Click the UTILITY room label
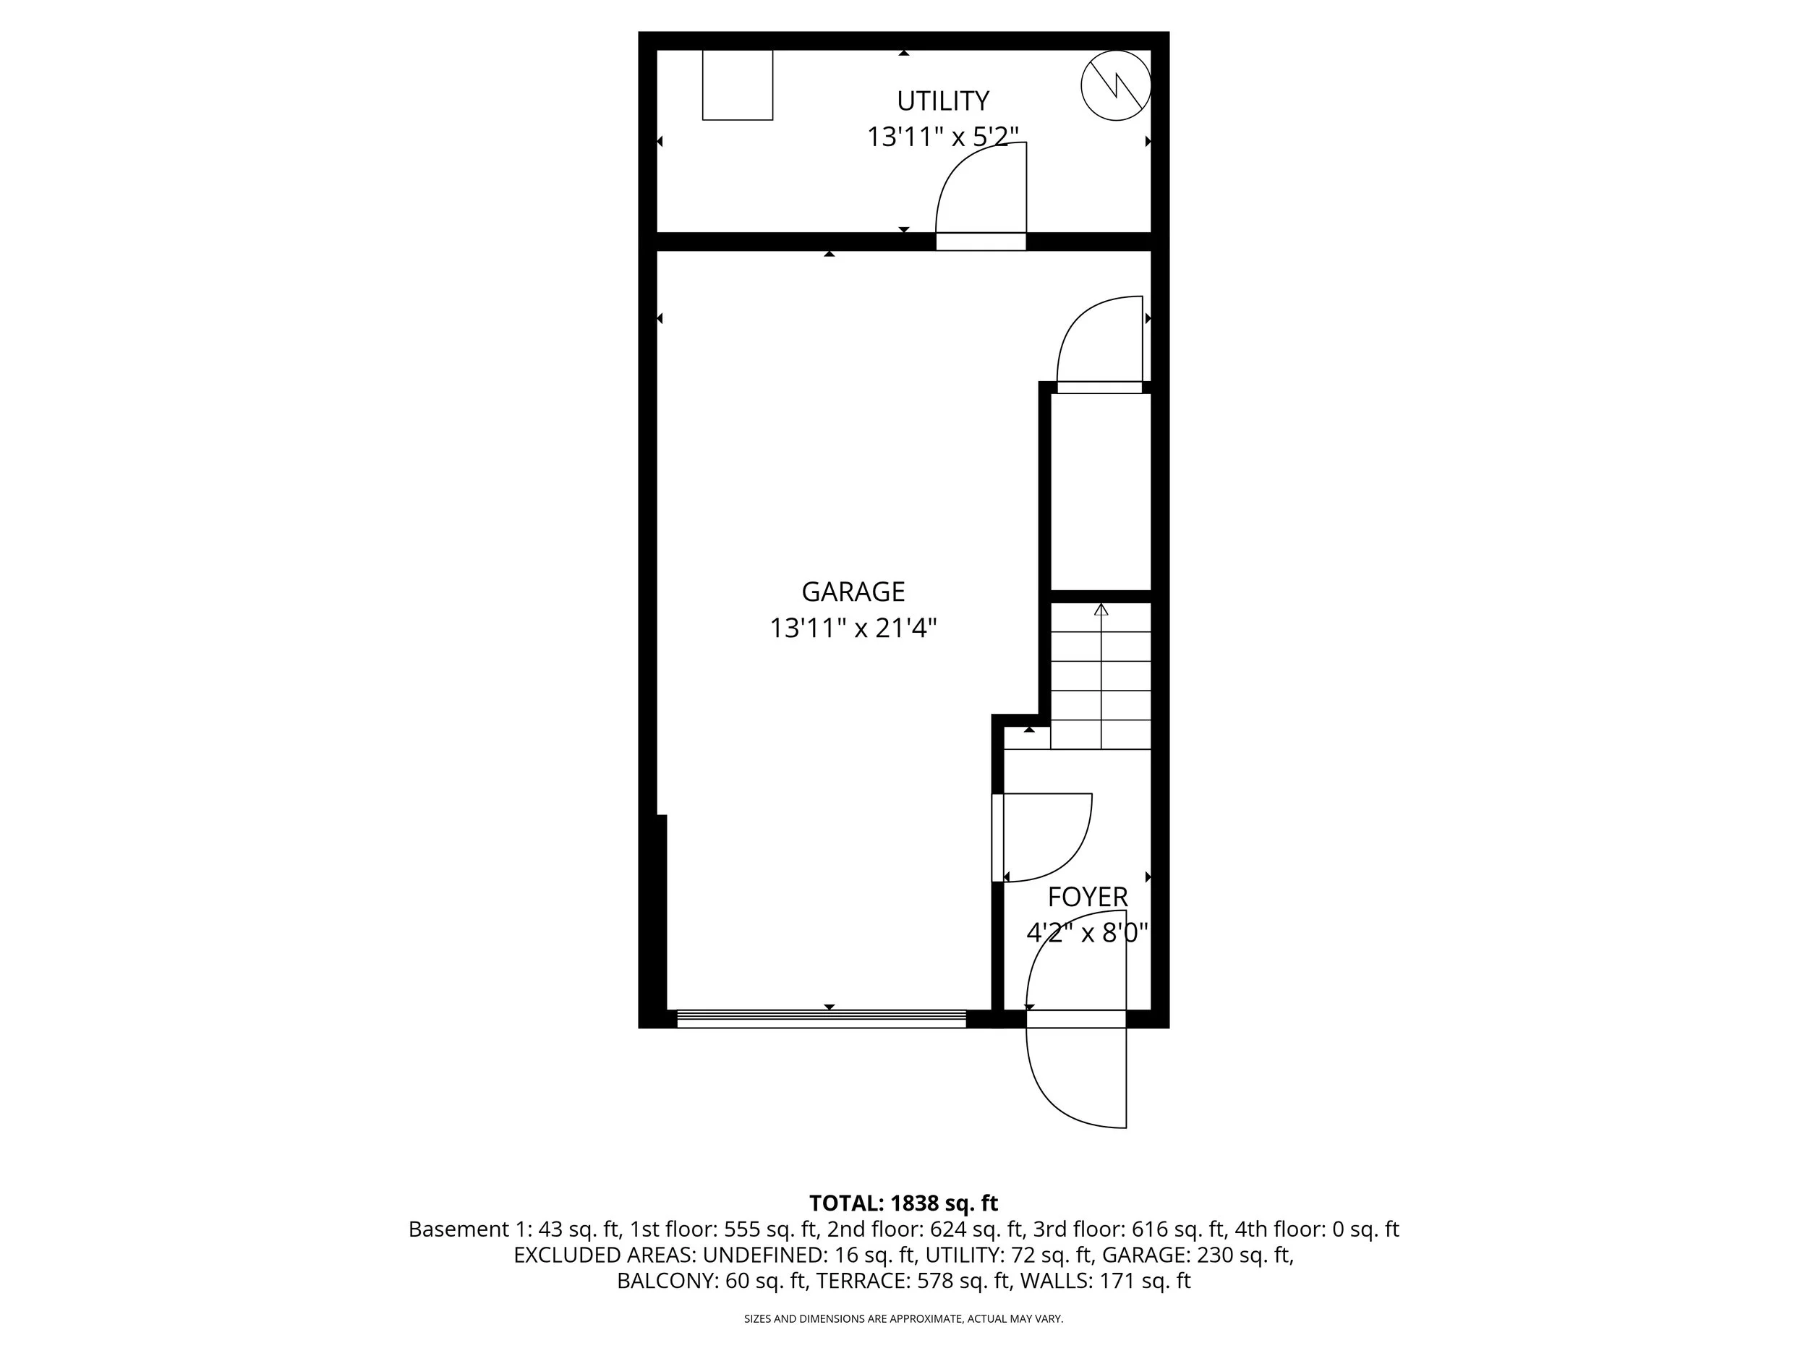click(x=942, y=101)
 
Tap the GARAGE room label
click(x=853, y=591)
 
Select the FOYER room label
click(x=1087, y=897)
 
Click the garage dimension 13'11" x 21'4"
click(x=853, y=628)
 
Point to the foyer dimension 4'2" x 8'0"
click(x=1087, y=933)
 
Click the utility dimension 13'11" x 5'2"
click(x=942, y=137)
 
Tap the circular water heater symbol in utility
click(x=1116, y=85)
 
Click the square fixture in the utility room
click(x=737, y=85)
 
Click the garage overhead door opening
click(x=821, y=1018)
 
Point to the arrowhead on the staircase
click(x=1101, y=610)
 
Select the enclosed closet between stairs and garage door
click(x=1100, y=490)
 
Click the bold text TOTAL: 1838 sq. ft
click(x=903, y=1203)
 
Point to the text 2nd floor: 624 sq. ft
click(x=926, y=1229)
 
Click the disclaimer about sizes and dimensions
click(x=903, y=1318)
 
